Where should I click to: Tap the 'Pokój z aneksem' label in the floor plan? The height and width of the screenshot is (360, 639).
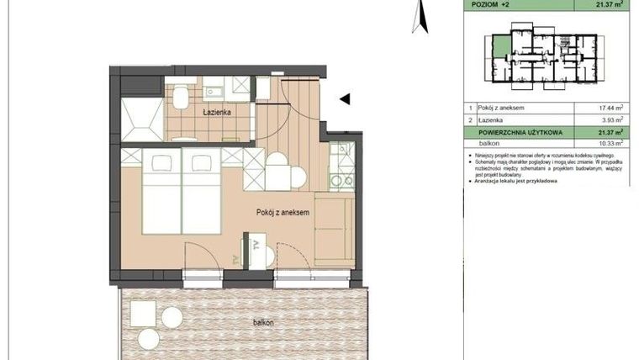(283, 213)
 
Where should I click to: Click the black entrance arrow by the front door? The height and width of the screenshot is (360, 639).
(344, 99)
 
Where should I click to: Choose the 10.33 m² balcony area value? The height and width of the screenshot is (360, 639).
(610, 144)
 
